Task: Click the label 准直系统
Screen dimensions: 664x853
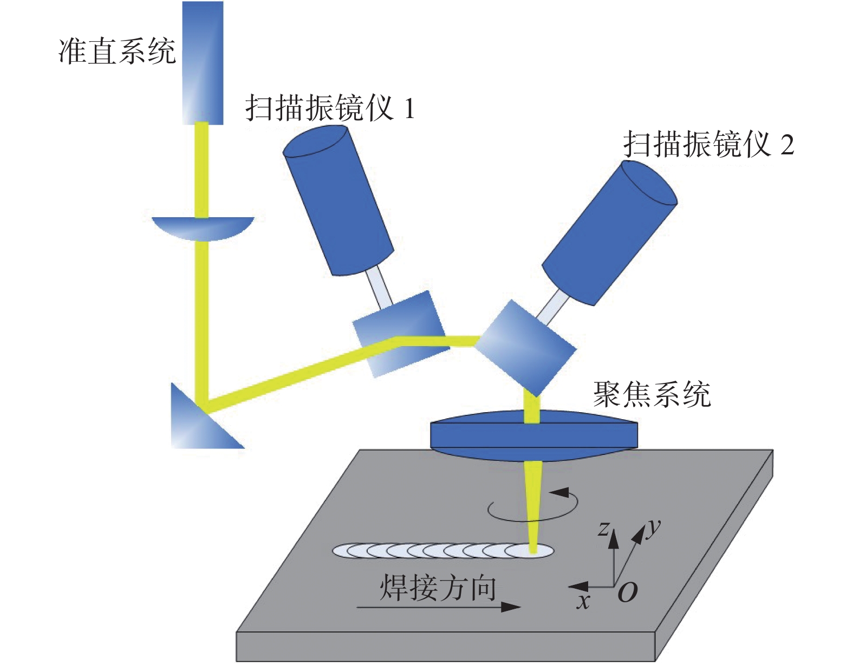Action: [116, 52]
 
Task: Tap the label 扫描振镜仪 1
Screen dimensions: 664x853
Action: [330, 108]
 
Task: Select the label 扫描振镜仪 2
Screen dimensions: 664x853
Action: [708, 144]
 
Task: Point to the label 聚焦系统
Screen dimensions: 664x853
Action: [652, 394]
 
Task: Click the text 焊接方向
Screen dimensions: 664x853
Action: [438, 588]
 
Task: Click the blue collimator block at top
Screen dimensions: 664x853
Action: [203, 62]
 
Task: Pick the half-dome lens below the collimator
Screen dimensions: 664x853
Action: [203, 227]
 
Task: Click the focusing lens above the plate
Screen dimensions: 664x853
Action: [533, 434]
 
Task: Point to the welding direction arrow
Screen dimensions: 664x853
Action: [439, 607]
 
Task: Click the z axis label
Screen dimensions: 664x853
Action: [604, 528]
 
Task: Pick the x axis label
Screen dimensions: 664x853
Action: [583, 601]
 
